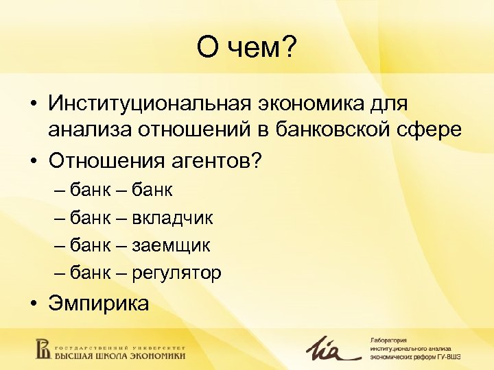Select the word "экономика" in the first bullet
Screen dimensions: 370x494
pos(313,106)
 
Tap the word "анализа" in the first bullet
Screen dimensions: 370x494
pos(88,130)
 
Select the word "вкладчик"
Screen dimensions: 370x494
pos(174,218)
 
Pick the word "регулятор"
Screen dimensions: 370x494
pos(180,273)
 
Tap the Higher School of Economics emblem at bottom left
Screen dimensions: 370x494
pos(43,348)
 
